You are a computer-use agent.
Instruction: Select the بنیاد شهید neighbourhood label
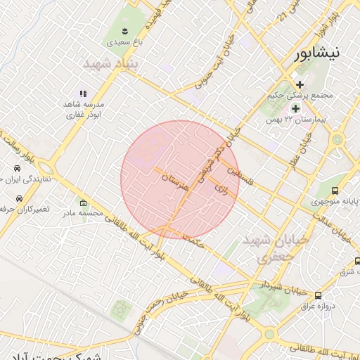112,65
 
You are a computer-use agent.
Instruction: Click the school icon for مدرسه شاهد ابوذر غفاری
82,93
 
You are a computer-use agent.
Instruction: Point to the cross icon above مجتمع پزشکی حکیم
300,84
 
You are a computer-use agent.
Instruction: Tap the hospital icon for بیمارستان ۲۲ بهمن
295,108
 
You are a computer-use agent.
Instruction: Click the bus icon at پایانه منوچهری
335,191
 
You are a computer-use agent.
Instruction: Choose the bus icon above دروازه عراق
318,295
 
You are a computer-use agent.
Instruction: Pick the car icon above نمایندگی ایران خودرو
16,169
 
